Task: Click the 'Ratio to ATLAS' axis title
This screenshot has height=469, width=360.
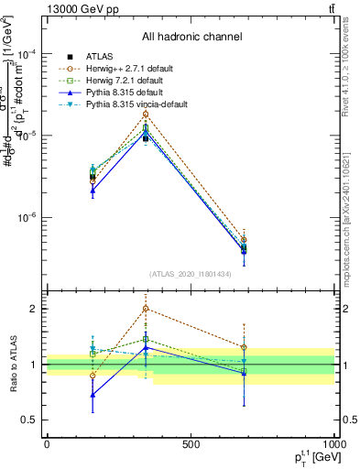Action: click(x=13, y=365)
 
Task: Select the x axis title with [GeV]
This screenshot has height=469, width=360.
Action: click(x=311, y=457)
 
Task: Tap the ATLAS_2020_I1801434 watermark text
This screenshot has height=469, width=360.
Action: click(x=191, y=274)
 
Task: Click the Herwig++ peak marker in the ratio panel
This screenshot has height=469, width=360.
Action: click(x=146, y=309)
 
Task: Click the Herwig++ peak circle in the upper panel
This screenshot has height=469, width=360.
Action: click(x=146, y=115)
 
